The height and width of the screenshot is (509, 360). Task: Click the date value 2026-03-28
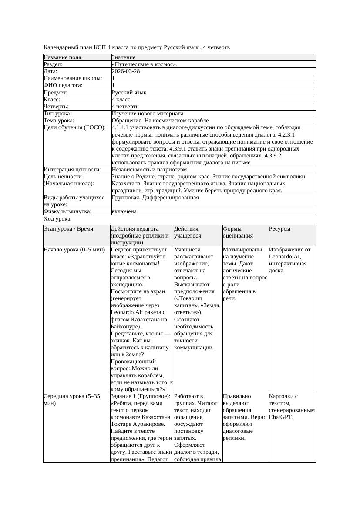point(126,71)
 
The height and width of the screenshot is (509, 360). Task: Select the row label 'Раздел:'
point(53,64)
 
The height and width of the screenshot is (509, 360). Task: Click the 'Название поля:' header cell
point(63,57)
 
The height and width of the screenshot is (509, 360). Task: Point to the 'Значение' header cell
point(124,57)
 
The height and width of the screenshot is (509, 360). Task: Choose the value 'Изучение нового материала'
point(148,114)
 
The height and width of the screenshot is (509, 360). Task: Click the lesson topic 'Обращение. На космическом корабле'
point(160,121)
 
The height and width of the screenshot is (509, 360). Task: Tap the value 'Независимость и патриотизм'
point(149,170)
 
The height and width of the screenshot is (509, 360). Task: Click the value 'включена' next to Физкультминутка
point(124,211)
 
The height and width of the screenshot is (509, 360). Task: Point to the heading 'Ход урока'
point(57,219)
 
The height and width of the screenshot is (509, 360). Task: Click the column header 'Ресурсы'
point(280,229)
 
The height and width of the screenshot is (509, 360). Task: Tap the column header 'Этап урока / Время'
point(68,229)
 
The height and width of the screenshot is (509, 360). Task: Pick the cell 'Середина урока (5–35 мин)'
point(72,400)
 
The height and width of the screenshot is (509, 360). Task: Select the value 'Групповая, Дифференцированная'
point(155,198)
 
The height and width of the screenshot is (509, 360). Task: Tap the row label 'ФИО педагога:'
point(63,85)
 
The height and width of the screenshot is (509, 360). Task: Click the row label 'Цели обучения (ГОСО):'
point(75,127)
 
